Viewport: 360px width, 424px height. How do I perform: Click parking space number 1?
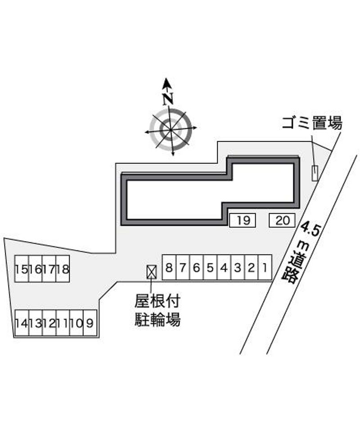click(265, 267)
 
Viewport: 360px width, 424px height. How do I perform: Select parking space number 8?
click(169, 267)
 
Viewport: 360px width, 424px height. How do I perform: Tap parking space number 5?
click(210, 267)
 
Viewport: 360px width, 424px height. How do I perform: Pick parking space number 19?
click(243, 220)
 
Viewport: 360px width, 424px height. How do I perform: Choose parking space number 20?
click(282, 220)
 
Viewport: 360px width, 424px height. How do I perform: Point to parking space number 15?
click(22, 269)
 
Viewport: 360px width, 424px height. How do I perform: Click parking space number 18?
click(63, 269)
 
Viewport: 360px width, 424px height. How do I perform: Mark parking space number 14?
click(22, 323)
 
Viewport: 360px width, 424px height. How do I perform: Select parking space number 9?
click(90, 323)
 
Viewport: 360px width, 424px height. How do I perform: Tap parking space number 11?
click(63, 323)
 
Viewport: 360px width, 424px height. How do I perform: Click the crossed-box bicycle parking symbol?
click(151, 271)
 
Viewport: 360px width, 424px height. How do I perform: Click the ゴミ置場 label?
click(312, 123)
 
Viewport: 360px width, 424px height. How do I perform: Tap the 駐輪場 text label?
click(157, 320)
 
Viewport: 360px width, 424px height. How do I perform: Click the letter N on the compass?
click(168, 99)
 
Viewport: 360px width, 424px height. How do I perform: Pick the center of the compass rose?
click(171, 130)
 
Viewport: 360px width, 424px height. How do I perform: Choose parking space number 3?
click(238, 267)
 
